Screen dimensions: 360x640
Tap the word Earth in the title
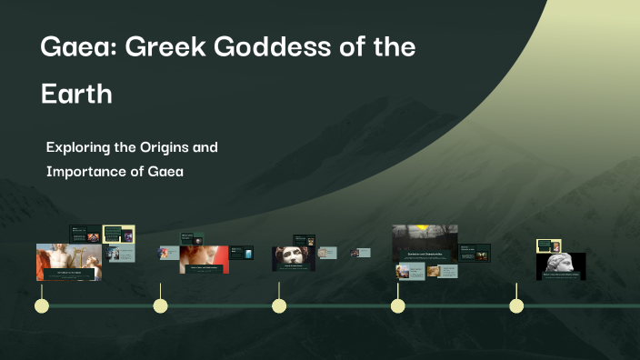click(x=76, y=94)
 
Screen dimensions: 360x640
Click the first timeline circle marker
click(x=41, y=305)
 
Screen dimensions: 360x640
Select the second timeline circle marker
click(x=160, y=305)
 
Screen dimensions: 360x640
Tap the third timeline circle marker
click(x=279, y=305)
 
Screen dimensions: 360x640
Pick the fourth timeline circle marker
click(x=397, y=305)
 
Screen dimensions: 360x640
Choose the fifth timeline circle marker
click(x=516, y=305)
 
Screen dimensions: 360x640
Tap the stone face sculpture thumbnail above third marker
click(x=294, y=257)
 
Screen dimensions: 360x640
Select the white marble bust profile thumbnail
click(x=561, y=265)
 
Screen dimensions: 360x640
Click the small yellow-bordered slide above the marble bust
click(x=549, y=245)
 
